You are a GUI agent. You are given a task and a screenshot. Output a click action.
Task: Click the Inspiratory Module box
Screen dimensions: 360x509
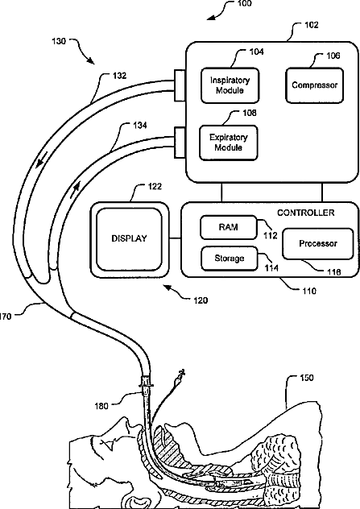(230, 85)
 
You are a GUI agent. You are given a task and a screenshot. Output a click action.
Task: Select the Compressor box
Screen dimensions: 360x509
(314, 85)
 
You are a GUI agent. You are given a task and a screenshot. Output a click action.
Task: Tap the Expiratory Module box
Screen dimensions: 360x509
(229, 143)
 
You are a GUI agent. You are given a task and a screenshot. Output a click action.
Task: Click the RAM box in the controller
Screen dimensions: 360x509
(228, 227)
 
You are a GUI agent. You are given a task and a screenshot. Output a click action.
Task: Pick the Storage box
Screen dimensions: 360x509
(230, 259)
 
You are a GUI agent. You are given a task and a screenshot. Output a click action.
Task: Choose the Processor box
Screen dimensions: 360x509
(318, 243)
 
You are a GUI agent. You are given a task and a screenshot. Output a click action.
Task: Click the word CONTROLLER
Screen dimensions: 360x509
(305, 213)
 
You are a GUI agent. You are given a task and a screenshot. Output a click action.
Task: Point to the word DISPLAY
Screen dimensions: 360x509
(129, 238)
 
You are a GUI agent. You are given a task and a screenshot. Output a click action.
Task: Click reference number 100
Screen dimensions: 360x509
(244, 3)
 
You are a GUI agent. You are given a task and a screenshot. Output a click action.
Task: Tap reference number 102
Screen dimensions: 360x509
(311, 25)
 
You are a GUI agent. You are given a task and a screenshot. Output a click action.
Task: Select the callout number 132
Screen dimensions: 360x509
(119, 76)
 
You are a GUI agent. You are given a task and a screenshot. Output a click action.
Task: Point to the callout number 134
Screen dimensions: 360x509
(139, 126)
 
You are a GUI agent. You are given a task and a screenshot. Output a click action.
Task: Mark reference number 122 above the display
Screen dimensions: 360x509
(155, 187)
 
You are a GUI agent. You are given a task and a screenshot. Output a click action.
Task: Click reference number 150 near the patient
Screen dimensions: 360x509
(306, 378)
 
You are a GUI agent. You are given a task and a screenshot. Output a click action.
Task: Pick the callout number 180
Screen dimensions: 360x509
(101, 406)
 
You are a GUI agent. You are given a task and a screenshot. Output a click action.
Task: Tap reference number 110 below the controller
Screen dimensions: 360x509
(309, 292)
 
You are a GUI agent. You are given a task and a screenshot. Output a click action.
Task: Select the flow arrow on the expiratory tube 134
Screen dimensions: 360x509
(76, 188)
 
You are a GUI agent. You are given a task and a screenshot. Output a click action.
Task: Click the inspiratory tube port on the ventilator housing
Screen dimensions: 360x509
(180, 85)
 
